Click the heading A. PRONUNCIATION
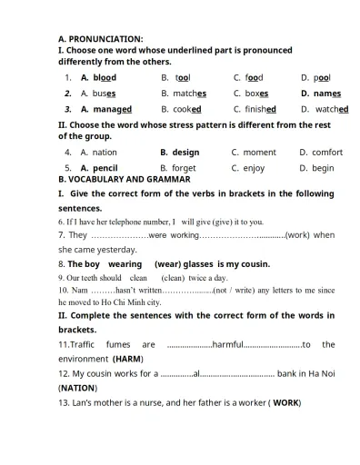click(x=100, y=39)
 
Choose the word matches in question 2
click(x=190, y=94)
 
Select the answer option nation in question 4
click(x=105, y=153)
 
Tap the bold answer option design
click(x=185, y=153)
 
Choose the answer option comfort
click(x=327, y=153)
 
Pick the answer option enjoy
click(x=255, y=168)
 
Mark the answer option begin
click(x=323, y=168)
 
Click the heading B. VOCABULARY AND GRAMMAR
click(x=124, y=180)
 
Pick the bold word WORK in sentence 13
click(x=285, y=402)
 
